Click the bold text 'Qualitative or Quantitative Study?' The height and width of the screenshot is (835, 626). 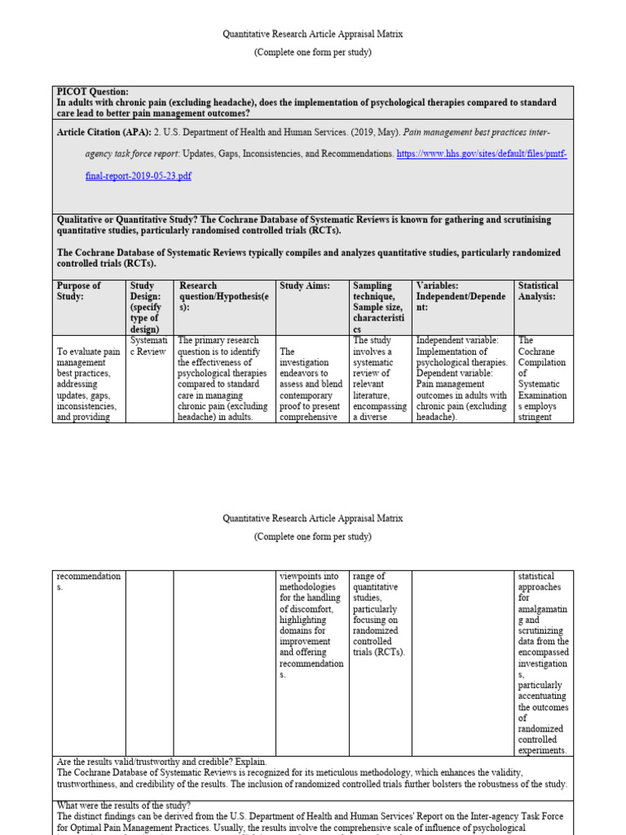coord(131,220)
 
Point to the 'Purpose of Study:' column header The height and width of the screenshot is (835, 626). coord(79,291)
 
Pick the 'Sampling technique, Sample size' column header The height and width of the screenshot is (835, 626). coord(380,303)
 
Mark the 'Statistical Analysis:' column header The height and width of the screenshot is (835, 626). coord(539,291)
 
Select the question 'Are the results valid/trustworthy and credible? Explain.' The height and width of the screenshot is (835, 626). coord(161,762)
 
